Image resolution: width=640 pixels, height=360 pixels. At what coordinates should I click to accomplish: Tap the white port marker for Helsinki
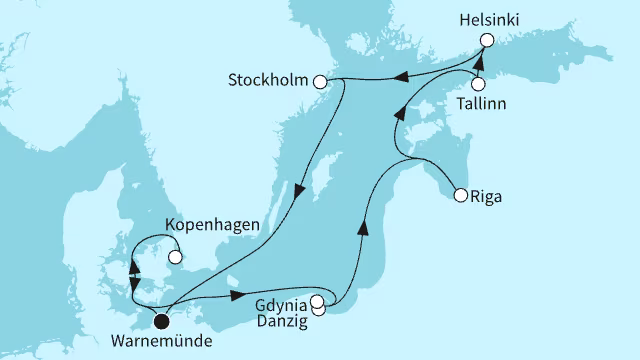coord(487,41)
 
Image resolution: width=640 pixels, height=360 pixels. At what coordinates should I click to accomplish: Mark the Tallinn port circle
coord(478,85)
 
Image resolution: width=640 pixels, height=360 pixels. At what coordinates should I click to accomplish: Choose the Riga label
coord(485,196)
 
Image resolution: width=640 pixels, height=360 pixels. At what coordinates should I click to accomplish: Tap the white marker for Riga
coord(460,195)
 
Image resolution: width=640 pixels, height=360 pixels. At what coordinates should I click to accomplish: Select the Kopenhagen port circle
coord(175,257)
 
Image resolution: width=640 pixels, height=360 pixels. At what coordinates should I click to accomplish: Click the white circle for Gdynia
coord(317,301)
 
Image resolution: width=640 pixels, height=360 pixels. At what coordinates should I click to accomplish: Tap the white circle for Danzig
coord(319,310)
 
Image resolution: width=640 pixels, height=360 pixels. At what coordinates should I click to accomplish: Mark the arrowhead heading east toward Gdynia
coord(235,295)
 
